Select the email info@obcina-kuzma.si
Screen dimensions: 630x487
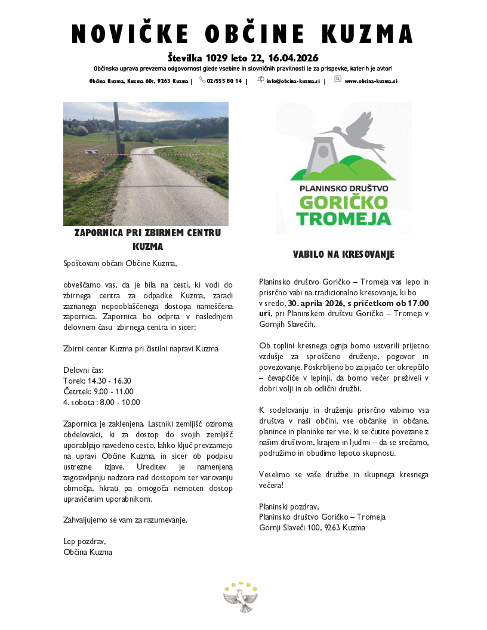(293, 81)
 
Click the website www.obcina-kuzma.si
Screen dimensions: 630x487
(371, 81)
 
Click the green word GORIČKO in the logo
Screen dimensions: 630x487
(344, 201)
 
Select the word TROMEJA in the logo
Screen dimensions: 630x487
(344, 218)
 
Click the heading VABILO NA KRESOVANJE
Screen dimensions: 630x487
(343, 255)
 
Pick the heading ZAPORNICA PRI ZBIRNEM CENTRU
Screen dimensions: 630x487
(147, 233)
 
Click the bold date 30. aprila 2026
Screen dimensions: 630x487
(317, 303)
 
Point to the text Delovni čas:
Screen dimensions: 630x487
(84, 370)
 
